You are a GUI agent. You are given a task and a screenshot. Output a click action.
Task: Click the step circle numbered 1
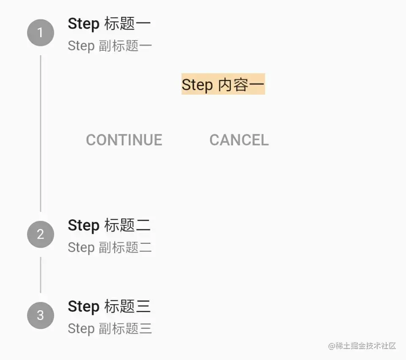40,33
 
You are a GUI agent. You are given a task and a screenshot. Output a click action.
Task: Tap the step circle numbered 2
40,235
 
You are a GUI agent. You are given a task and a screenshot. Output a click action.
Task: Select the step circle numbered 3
40,315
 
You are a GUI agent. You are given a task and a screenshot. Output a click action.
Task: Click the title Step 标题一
109,24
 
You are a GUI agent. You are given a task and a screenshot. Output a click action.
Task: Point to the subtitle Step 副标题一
110,46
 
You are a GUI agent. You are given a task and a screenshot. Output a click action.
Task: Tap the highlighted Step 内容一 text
223,85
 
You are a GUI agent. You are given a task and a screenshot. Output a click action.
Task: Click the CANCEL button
239,140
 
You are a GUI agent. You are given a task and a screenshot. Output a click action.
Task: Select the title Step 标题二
109,225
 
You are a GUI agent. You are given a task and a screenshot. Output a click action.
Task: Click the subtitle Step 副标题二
110,248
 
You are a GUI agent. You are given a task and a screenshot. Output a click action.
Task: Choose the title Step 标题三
109,306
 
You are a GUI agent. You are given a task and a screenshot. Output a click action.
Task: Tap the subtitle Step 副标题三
110,329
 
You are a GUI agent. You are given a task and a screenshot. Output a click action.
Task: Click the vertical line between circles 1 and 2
40,133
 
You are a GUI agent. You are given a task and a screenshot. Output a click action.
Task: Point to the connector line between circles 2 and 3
40,275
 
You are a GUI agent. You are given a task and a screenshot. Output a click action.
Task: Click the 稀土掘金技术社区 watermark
362,346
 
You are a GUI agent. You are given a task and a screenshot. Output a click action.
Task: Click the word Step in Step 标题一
83,24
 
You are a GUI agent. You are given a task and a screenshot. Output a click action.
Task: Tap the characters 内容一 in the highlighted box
241,85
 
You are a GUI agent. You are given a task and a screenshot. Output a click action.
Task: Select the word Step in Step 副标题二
81,248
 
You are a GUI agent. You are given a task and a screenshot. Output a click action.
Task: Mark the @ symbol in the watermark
332,346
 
